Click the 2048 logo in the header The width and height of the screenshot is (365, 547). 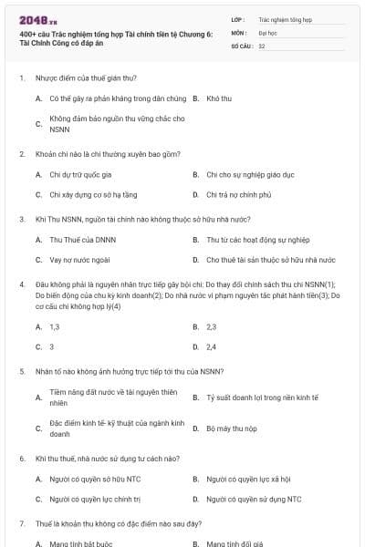point(32,19)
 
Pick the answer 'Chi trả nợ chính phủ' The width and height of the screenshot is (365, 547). point(239,194)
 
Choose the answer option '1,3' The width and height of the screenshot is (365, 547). point(55,326)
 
